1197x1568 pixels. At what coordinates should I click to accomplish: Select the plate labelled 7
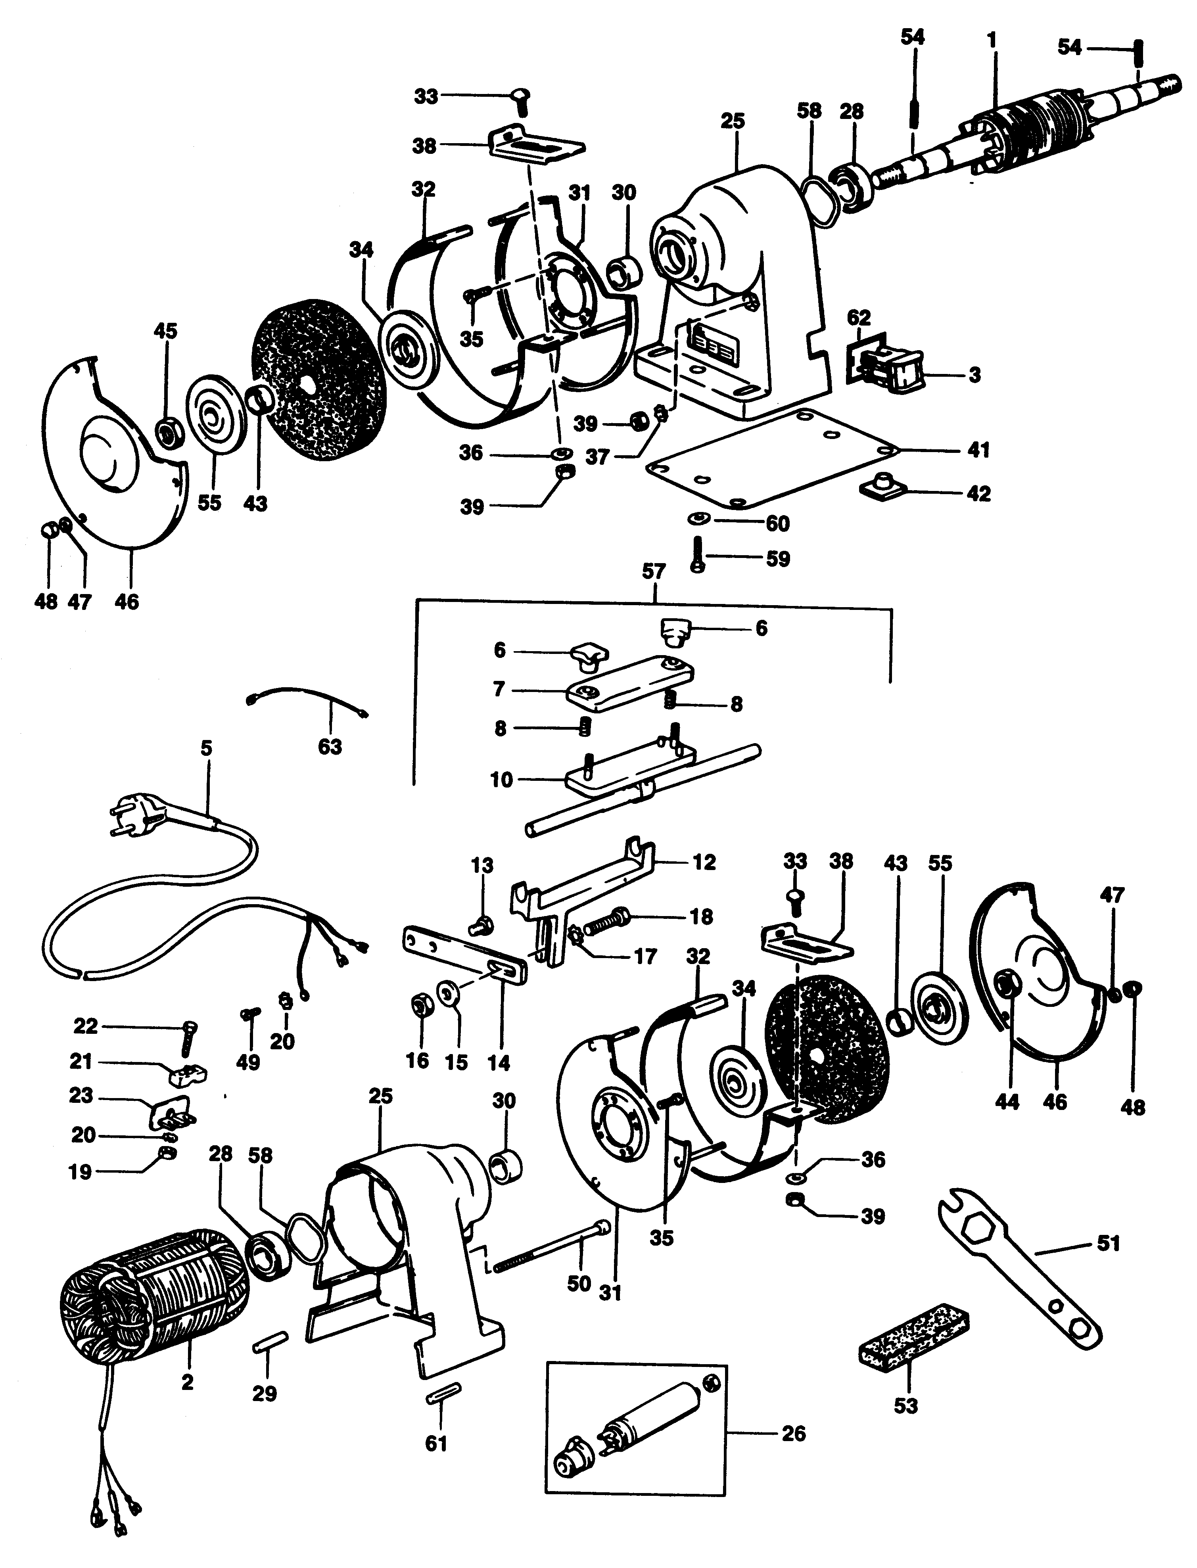pyautogui.click(x=628, y=684)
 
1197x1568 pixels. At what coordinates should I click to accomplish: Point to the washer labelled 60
pyautogui.click(x=695, y=519)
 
